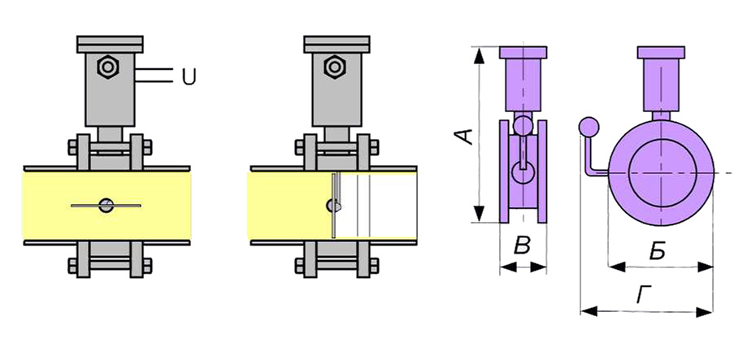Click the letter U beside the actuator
point(189,77)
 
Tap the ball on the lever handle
point(588,128)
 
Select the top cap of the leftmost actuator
point(109,42)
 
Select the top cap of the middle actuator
point(336,42)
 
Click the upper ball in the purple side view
point(524,125)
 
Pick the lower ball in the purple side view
point(524,172)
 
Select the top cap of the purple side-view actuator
point(524,53)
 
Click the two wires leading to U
point(154,76)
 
